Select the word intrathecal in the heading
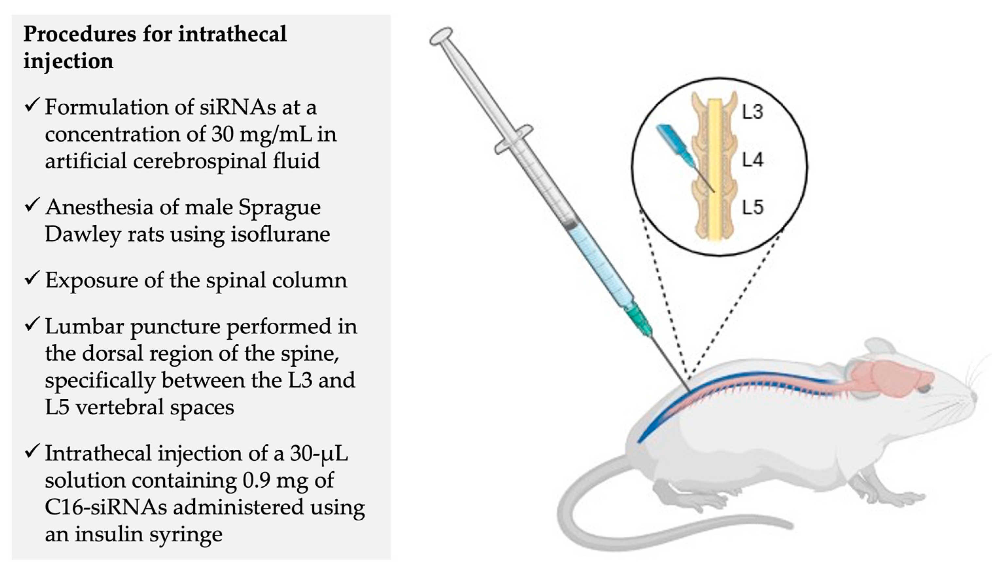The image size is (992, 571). pyautogui.click(x=232, y=34)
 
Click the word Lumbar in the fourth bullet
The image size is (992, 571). pyautogui.click(x=84, y=326)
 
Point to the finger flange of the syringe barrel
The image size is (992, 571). pyautogui.click(x=513, y=139)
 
